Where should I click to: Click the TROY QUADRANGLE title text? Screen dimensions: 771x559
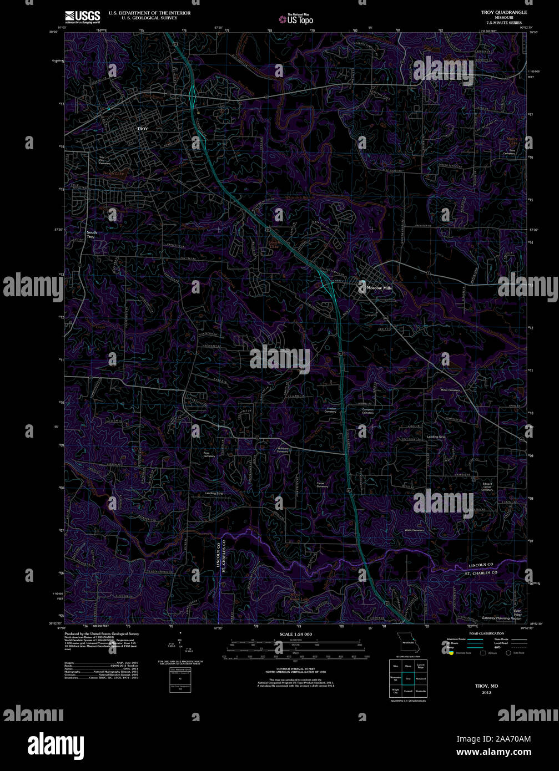[x=497, y=12]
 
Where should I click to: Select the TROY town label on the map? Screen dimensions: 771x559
[x=143, y=129]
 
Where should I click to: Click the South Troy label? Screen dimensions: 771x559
[x=91, y=235]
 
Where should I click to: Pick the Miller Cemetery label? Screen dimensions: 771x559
[x=450, y=390]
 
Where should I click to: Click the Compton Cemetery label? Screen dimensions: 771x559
[x=367, y=411]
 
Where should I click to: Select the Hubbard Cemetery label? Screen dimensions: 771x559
[x=283, y=450]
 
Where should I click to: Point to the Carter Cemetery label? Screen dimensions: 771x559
[x=321, y=485]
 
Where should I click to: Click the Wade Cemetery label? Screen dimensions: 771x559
[x=414, y=530]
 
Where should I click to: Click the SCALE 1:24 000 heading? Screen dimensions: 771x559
[x=295, y=634]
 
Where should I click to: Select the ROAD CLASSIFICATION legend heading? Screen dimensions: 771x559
[x=486, y=633]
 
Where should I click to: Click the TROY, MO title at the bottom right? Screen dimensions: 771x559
[x=486, y=686]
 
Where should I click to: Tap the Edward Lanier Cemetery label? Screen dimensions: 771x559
[x=487, y=487]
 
